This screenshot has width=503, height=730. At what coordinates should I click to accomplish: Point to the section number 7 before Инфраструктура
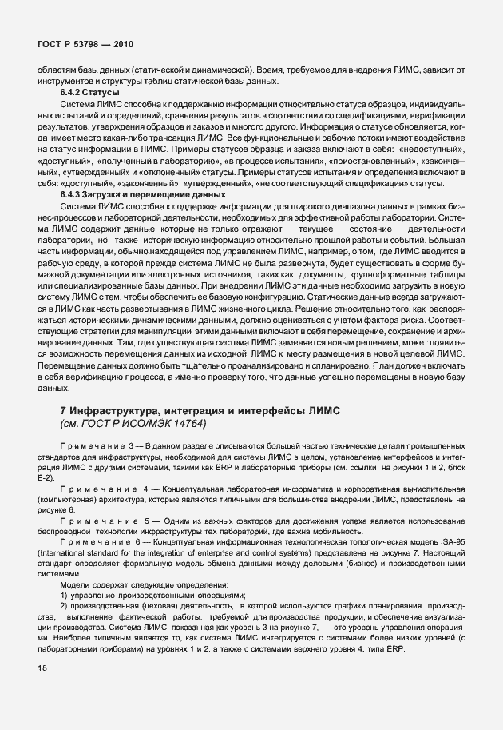coord(63,409)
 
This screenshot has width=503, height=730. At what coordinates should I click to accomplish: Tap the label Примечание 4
coord(100,487)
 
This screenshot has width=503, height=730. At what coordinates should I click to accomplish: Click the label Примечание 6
coord(100,541)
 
